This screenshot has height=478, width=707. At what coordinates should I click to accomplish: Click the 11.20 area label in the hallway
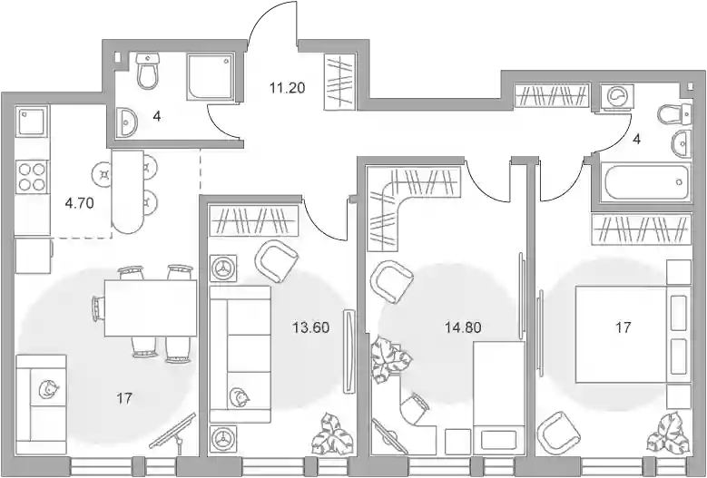click(x=287, y=88)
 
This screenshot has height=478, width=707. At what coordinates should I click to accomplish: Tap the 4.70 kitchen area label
click(x=79, y=203)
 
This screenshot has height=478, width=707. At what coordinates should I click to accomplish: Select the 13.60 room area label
click(x=310, y=327)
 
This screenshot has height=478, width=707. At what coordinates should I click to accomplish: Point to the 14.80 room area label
click(x=463, y=327)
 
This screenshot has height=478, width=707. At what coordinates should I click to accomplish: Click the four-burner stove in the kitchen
click(x=32, y=177)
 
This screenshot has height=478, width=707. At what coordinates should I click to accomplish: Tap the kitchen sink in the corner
click(x=32, y=121)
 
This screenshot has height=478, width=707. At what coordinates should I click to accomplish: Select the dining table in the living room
click(x=151, y=308)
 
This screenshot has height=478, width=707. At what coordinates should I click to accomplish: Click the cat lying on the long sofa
click(x=239, y=396)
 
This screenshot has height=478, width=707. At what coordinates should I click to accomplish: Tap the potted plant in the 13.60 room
click(x=334, y=436)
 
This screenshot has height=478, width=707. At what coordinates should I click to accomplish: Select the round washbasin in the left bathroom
click(x=126, y=122)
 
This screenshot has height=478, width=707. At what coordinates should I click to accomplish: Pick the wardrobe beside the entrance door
click(x=340, y=82)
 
